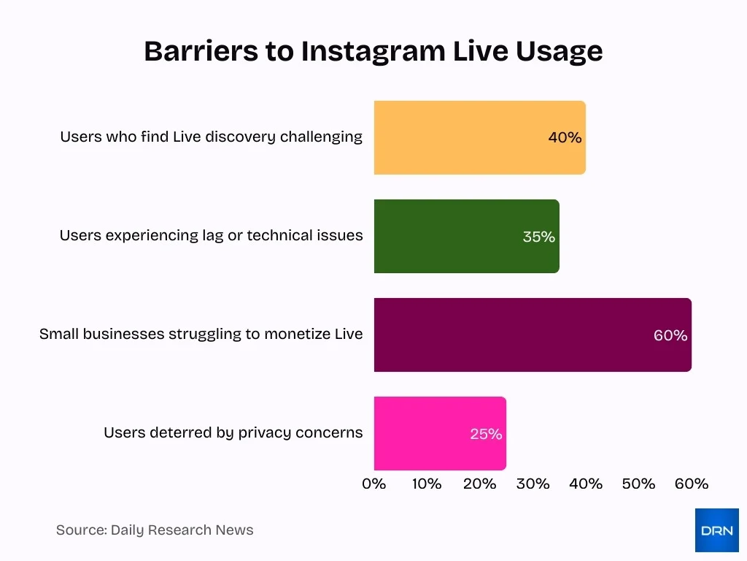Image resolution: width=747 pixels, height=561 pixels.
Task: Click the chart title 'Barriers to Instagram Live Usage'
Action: click(x=373, y=51)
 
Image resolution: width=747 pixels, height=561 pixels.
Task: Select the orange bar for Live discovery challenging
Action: click(x=460, y=137)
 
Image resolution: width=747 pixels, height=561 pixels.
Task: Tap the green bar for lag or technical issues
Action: click(x=445, y=236)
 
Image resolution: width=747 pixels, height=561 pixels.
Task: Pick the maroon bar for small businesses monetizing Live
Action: click(x=511, y=335)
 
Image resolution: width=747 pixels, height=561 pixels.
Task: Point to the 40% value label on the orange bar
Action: click(x=565, y=137)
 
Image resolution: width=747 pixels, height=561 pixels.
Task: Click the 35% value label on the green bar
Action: click(x=538, y=237)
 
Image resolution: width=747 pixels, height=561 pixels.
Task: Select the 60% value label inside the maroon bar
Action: click(x=670, y=335)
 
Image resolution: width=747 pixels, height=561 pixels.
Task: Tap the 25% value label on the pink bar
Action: click(x=485, y=434)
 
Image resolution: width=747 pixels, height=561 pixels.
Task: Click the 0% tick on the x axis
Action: click(x=373, y=484)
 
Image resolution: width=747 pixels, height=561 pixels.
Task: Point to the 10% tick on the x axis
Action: click(x=427, y=484)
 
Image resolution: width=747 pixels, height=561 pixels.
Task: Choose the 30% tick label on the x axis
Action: click(x=533, y=484)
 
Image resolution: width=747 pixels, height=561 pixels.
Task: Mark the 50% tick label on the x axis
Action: click(x=638, y=484)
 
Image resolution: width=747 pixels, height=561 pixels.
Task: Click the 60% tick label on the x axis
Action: click(x=691, y=484)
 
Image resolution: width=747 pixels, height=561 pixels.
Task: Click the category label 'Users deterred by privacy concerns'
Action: click(x=233, y=432)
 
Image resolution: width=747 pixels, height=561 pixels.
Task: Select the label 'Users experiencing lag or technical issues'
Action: click(x=211, y=235)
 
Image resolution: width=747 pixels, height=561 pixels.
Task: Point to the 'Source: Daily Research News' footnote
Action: click(x=155, y=530)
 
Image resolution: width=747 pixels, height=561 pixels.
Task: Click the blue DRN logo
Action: click(x=716, y=530)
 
